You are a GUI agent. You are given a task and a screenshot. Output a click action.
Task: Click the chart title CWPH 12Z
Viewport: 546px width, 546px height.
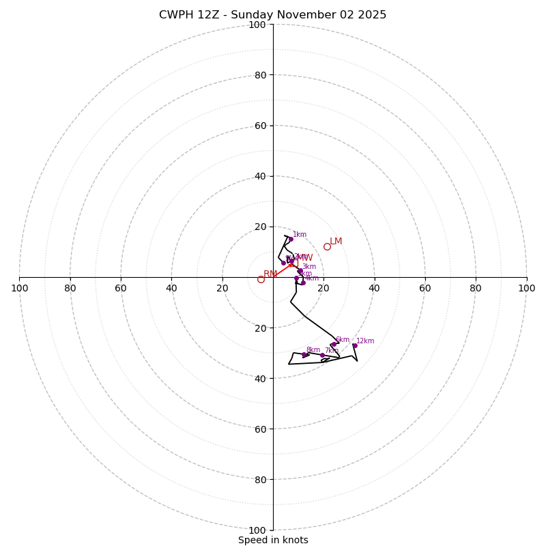[x=272, y=15]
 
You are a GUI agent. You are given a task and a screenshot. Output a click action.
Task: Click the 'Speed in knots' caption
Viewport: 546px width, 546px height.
[x=273, y=540]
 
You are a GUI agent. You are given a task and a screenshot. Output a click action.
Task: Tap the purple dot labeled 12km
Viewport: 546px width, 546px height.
[x=354, y=345]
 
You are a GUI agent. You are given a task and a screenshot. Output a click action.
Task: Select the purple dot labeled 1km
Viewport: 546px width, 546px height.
[x=291, y=239]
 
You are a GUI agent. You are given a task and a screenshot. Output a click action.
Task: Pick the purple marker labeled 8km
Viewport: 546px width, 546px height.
[x=304, y=355]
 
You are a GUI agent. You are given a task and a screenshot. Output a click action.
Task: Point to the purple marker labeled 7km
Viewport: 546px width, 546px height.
[x=322, y=355]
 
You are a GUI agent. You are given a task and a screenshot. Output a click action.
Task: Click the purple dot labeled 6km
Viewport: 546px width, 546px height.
[x=333, y=345]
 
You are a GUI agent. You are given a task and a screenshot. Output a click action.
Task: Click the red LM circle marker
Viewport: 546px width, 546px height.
[x=327, y=246]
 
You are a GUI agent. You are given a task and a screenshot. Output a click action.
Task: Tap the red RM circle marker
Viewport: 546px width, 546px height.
[x=261, y=279]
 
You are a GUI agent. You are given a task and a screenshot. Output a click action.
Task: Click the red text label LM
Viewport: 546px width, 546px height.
[x=336, y=242]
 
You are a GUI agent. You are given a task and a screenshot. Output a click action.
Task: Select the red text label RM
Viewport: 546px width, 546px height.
[x=270, y=274]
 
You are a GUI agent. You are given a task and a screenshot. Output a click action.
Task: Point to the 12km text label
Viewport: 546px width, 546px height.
[x=365, y=341]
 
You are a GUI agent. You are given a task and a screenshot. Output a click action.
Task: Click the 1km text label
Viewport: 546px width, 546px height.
[x=300, y=235]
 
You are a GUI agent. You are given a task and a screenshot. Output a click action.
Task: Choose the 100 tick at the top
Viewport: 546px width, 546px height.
[x=257, y=25]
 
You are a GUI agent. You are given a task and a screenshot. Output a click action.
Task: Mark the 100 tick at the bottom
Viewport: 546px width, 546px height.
[x=257, y=530]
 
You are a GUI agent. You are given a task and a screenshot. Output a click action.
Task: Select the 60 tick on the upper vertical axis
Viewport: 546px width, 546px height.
[x=260, y=126]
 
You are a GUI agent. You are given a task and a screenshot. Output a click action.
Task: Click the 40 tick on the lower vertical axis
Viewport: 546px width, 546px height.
[x=260, y=378]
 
